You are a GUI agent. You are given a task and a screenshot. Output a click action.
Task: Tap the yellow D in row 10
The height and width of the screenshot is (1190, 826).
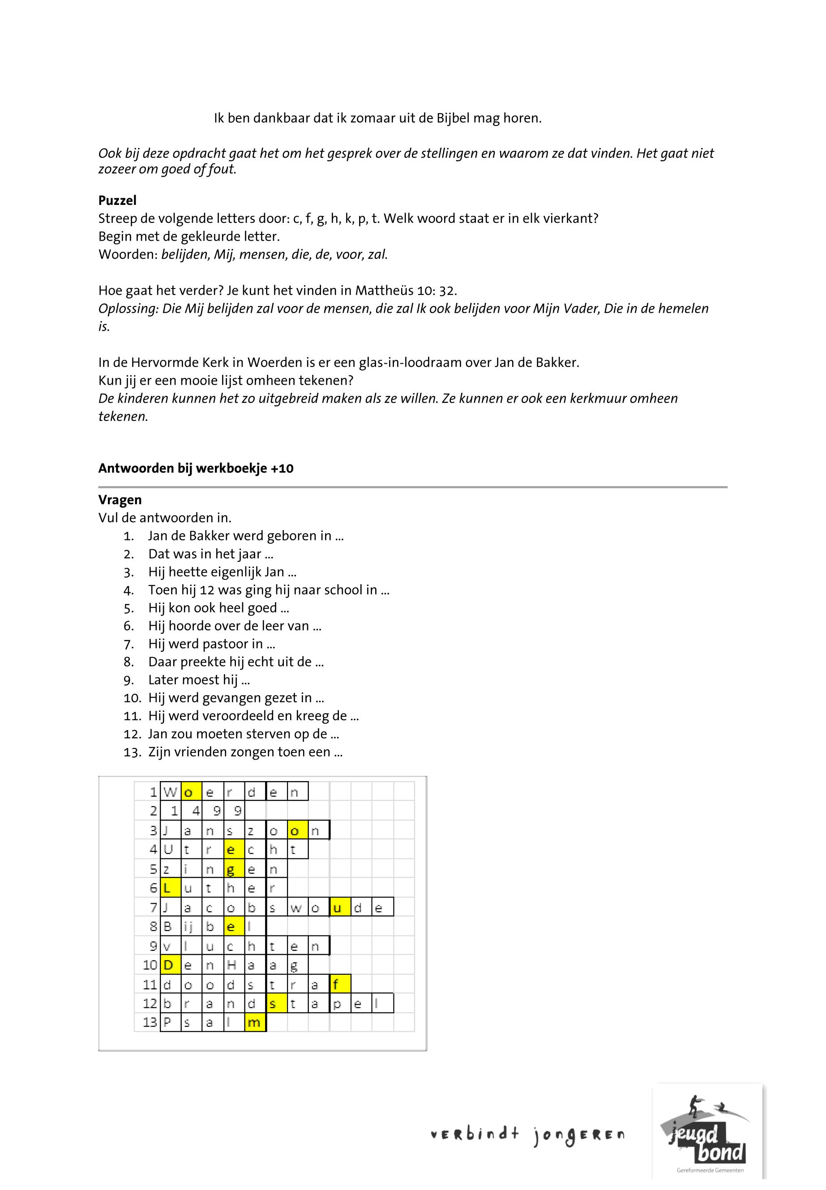[170, 965]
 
